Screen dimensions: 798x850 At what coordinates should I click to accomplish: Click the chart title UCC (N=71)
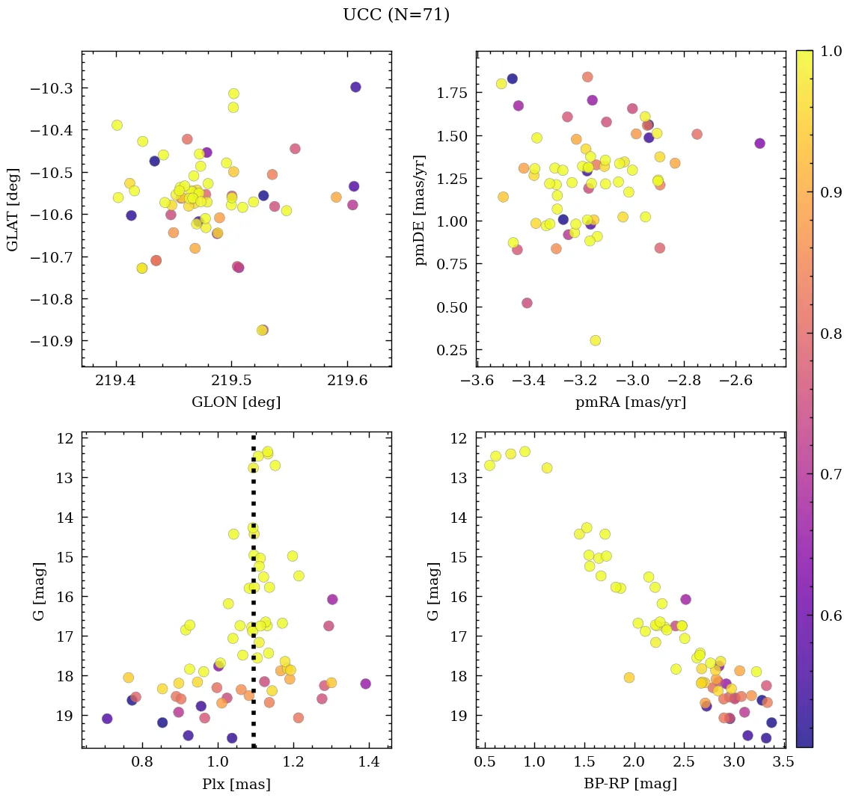click(x=396, y=15)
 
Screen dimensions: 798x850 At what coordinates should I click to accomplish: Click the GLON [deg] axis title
click(x=236, y=402)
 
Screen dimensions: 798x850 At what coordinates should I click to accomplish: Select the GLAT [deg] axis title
click(x=13, y=209)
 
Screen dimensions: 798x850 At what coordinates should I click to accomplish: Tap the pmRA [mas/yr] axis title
click(x=630, y=402)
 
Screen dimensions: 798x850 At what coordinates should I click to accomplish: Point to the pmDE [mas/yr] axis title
click(x=421, y=209)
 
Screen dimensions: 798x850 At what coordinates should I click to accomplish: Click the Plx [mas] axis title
click(x=236, y=785)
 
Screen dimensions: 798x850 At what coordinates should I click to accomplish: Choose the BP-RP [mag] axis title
click(x=630, y=785)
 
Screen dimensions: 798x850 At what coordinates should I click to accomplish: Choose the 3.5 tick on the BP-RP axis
click(x=784, y=763)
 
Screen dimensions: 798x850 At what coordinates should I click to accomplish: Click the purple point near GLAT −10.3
click(x=355, y=87)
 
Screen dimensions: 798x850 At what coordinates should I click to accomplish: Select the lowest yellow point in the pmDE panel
click(x=595, y=340)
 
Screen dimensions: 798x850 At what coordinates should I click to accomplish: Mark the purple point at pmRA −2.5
click(x=759, y=143)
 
